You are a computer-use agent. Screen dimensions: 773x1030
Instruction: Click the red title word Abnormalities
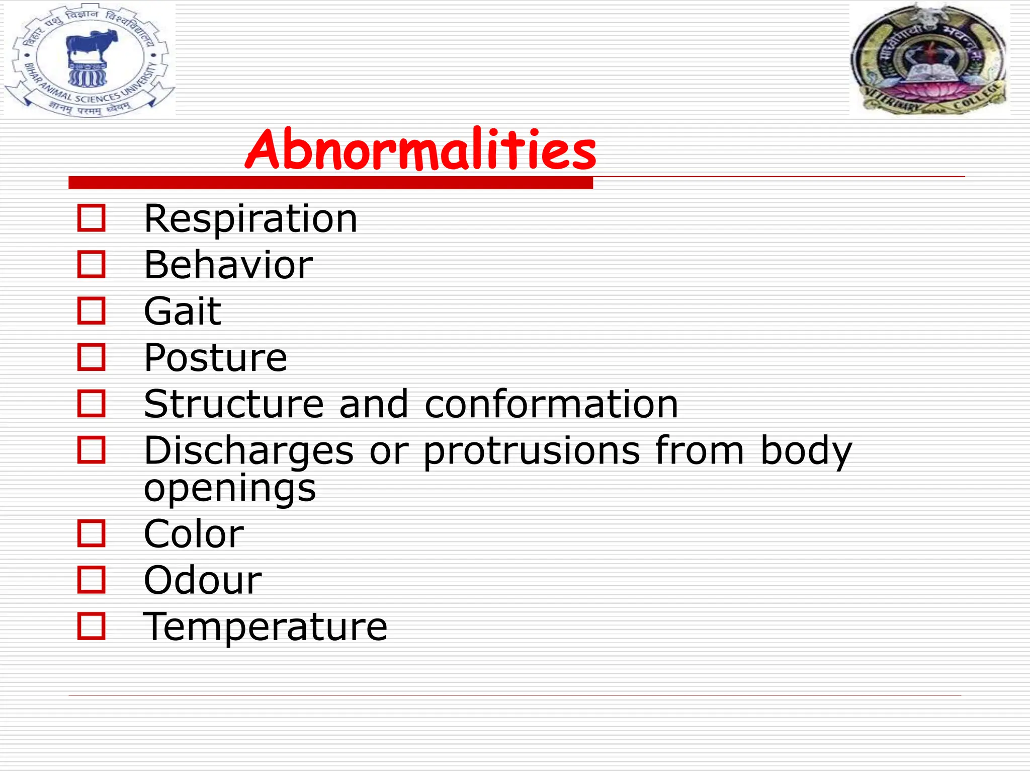pyautogui.click(x=420, y=149)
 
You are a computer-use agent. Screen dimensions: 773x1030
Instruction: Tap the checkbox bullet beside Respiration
pyautogui.click(x=92, y=218)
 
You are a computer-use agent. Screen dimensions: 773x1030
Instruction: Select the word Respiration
pyautogui.click(x=250, y=219)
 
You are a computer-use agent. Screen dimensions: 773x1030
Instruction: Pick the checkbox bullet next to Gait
pyautogui.click(x=92, y=311)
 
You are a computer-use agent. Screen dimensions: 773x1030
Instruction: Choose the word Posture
pyautogui.click(x=215, y=357)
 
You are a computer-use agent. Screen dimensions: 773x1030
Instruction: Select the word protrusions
pyautogui.click(x=532, y=450)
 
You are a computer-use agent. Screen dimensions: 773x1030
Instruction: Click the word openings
pyautogui.click(x=230, y=488)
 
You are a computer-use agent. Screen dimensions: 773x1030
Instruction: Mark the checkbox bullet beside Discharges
pyautogui.click(x=92, y=449)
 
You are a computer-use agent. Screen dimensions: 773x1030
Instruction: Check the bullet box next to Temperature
pyautogui.click(x=92, y=626)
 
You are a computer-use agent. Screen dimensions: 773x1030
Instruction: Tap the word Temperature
pyautogui.click(x=265, y=627)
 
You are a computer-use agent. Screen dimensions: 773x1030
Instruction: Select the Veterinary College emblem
pyautogui.click(x=928, y=59)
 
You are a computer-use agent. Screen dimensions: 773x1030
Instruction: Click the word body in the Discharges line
pyautogui.click(x=806, y=450)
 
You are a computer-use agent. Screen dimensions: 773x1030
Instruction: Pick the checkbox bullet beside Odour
pyautogui.click(x=92, y=579)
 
